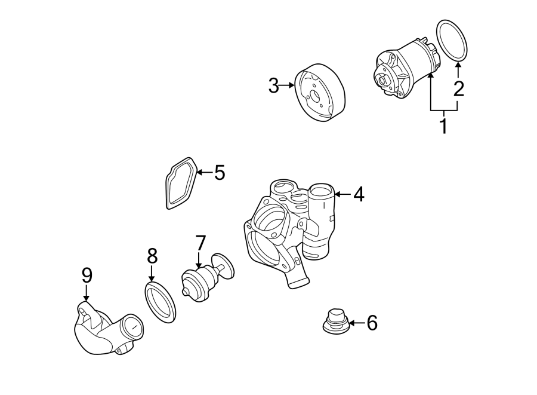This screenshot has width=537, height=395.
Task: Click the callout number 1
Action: click(443, 126)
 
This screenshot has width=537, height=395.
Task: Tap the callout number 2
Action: click(458, 89)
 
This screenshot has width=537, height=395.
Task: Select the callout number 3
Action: click(273, 86)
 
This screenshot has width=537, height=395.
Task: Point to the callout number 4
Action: click(358, 194)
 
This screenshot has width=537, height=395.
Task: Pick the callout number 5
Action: click(220, 173)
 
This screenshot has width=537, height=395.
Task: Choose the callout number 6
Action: click(372, 323)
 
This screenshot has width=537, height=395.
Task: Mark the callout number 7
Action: click(200, 243)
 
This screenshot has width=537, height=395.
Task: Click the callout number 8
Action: click(152, 256)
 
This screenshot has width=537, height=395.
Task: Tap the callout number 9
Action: click(87, 275)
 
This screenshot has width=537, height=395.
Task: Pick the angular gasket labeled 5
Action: click(180, 183)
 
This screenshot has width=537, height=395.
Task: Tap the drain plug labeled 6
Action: click(334, 321)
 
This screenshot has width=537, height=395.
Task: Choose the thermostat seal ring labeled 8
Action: click(161, 303)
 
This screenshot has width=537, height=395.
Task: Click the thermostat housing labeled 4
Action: click(286, 233)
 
